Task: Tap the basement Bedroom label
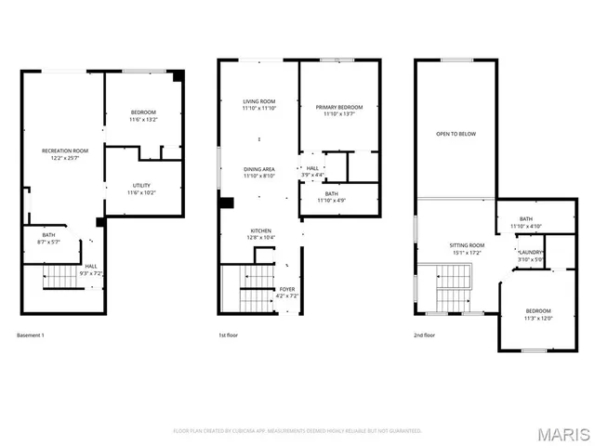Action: click(143, 112)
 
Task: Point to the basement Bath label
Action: click(48, 235)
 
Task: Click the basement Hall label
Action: click(90, 267)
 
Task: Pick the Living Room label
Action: click(258, 101)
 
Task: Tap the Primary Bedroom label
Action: click(338, 107)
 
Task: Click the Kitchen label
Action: click(259, 231)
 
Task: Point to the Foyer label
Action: click(287, 289)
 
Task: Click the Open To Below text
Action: click(456, 134)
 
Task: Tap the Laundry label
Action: click(531, 252)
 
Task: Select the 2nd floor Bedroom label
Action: click(538, 310)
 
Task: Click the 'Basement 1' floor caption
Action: click(31, 334)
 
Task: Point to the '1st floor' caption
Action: click(229, 334)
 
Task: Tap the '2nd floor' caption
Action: click(424, 334)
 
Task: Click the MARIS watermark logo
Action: click(562, 434)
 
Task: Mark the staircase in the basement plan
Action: click(61, 277)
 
